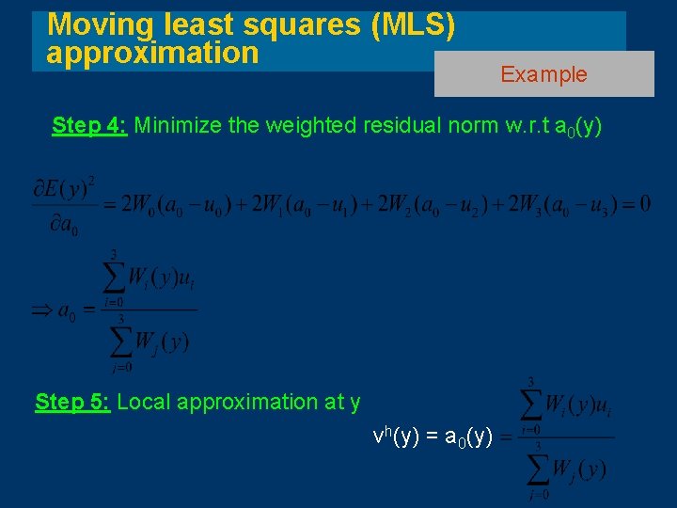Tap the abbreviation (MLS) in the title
click(414, 25)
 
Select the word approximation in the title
click(152, 53)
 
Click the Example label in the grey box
click(543, 74)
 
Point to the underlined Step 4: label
click(89, 126)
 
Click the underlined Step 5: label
click(73, 402)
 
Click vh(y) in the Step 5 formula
click(395, 437)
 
